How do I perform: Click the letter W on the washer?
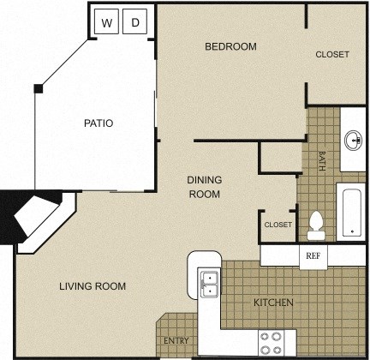point(107,22)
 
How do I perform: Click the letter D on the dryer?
point(135,22)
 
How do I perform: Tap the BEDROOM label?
point(230,46)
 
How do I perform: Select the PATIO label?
point(98,123)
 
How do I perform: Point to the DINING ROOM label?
point(205,187)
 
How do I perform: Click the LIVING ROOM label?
point(92,286)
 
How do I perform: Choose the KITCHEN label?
point(274,303)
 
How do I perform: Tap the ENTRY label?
point(176,341)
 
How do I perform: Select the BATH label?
point(322,161)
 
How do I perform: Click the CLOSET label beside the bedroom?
point(332,55)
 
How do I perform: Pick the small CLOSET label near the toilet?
point(277,225)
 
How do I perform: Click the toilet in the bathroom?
point(316,224)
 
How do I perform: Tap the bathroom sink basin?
point(353,141)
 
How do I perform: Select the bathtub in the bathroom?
point(351,209)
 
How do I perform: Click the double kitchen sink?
point(208,284)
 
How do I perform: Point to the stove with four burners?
point(272,343)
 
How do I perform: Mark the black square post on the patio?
point(39,88)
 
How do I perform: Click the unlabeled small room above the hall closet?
point(277,159)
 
